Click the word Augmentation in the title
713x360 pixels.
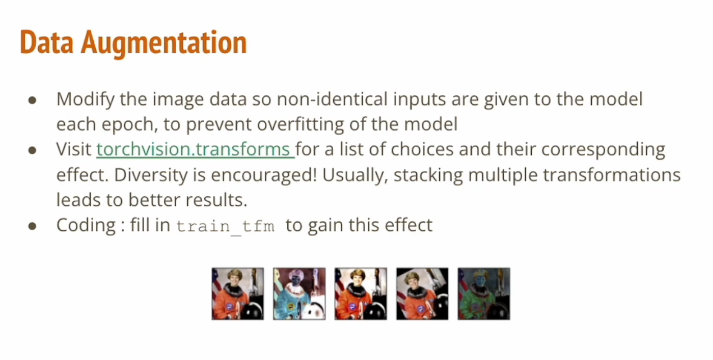pyautogui.click(x=164, y=43)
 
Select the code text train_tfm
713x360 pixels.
pyautogui.click(x=226, y=226)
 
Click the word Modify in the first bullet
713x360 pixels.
pyautogui.click(x=86, y=99)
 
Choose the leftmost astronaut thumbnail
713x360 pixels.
pyautogui.click(x=237, y=294)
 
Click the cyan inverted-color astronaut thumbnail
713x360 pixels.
pyautogui.click(x=299, y=294)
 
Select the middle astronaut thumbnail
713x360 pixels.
pyautogui.click(x=361, y=294)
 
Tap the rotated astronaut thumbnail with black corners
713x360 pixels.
pyautogui.click(x=422, y=294)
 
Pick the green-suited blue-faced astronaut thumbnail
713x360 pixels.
pyautogui.click(x=484, y=294)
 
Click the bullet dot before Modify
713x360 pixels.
pyautogui.click(x=33, y=100)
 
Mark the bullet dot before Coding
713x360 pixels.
pyautogui.click(x=33, y=226)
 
